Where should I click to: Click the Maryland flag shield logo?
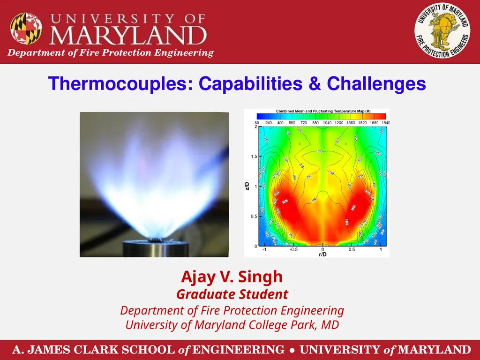click(x=26, y=28)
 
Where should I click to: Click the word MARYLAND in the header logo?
click(x=128, y=36)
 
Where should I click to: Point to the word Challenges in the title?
click(x=376, y=84)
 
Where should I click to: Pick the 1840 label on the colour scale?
click(x=385, y=123)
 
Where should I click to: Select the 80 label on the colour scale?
click(x=257, y=123)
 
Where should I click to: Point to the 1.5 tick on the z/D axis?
click(x=253, y=157)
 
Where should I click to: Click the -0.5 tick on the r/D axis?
click(x=293, y=249)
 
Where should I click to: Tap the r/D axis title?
click(x=322, y=255)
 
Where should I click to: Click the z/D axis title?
click(x=247, y=187)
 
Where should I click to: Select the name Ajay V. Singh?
click(x=232, y=277)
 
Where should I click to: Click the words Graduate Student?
click(x=232, y=294)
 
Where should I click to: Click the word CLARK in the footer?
click(x=96, y=350)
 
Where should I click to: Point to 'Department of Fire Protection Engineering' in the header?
click(x=111, y=52)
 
